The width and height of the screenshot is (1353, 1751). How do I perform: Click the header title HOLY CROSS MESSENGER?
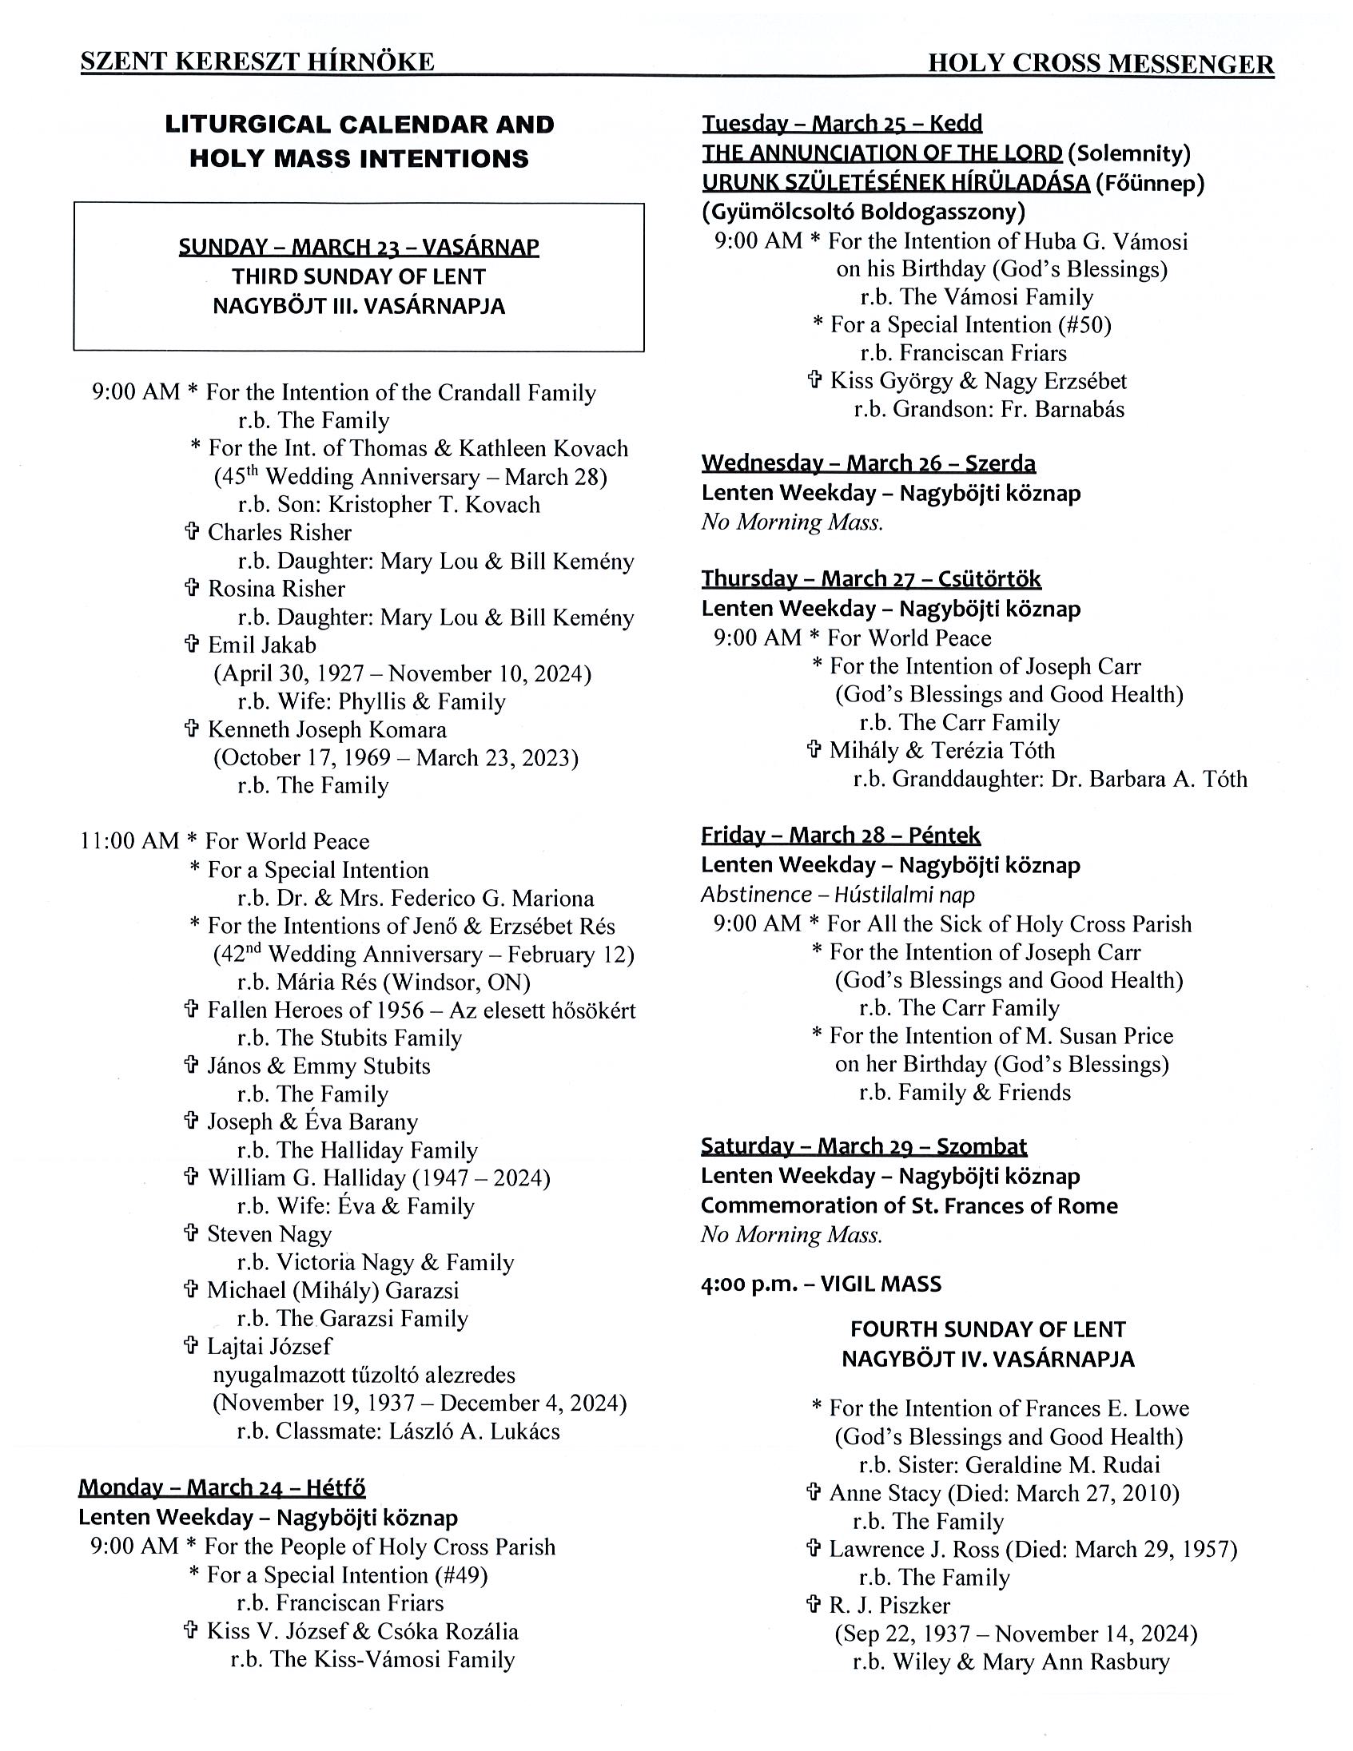pos(1100,63)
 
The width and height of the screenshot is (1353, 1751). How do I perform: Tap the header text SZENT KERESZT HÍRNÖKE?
pos(257,62)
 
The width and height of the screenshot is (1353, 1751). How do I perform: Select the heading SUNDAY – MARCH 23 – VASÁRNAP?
pos(359,246)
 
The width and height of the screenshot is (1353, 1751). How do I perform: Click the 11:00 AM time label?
pos(129,841)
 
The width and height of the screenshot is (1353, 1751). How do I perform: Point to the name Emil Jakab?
pos(262,645)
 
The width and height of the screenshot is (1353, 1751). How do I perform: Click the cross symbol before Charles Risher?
pos(192,531)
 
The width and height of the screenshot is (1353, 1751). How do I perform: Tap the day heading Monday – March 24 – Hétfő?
pos(221,1488)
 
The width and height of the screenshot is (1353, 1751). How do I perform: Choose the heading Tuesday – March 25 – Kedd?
pos(842,124)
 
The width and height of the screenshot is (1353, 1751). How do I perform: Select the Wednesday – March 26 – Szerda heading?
pos(869,463)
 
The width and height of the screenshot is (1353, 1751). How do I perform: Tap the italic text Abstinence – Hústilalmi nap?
pos(838,894)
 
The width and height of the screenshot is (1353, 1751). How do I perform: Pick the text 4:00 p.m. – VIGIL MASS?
pos(821,1284)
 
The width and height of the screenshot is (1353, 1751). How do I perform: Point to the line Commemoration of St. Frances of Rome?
pos(909,1206)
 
